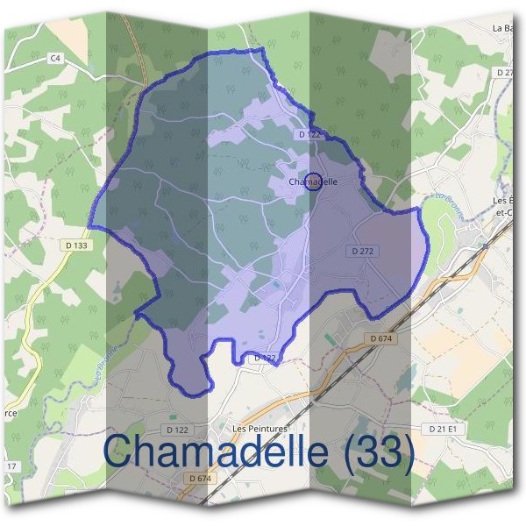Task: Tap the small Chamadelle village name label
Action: (x=313, y=182)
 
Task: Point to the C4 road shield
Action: (x=57, y=57)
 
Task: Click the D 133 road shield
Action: (x=76, y=246)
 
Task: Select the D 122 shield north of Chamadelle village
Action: (x=309, y=134)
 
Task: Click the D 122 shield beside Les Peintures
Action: (x=178, y=430)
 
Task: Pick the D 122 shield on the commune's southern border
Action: (x=265, y=359)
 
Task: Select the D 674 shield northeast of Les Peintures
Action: (x=380, y=338)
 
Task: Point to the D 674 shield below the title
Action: (x=200, y=478)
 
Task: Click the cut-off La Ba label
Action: (x=503, y=29)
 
